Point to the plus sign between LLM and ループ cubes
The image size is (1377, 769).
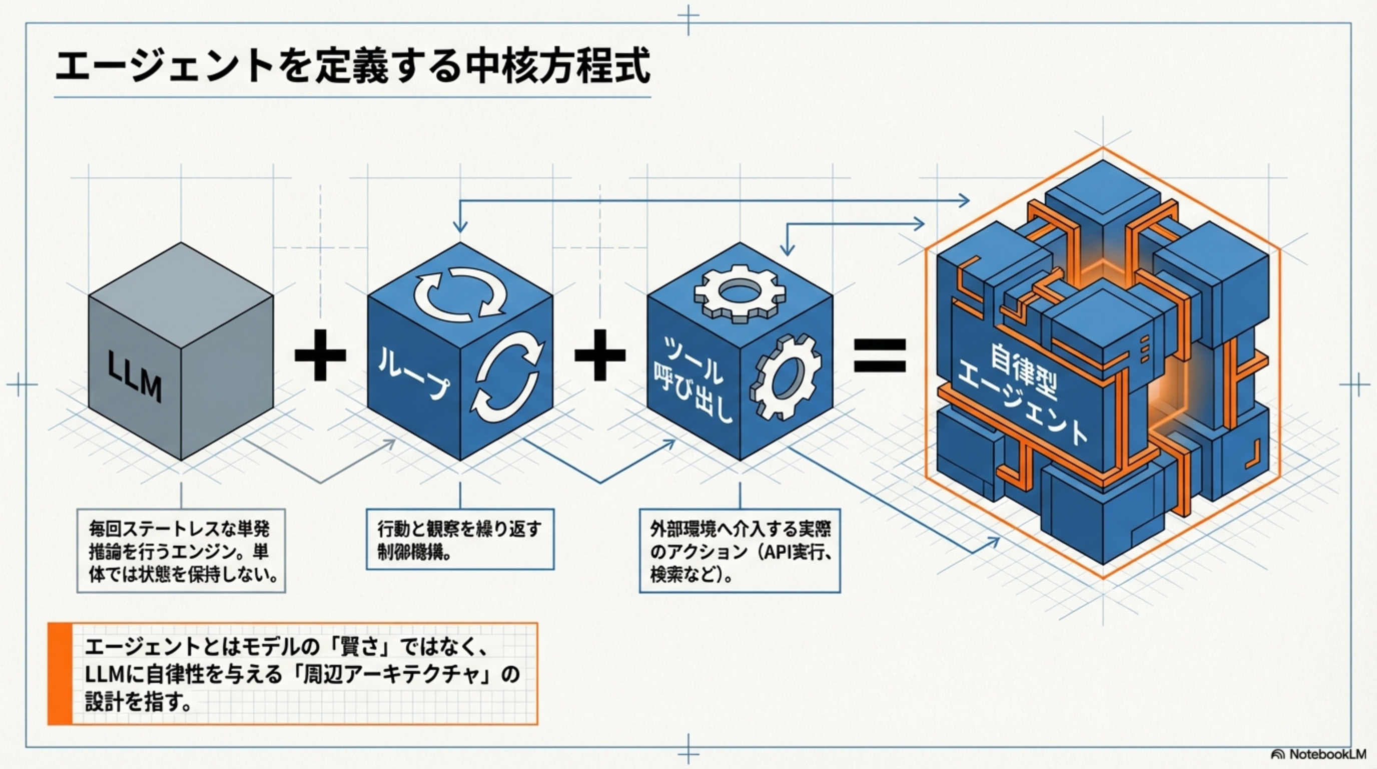(x=320, y=354)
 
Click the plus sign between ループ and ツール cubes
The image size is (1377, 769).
(x=600, y=354)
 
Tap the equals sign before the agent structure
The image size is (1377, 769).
(x=879, y=355)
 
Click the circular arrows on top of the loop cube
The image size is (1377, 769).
(x=460, y=293)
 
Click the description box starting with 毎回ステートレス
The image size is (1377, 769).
(x=181, y=551)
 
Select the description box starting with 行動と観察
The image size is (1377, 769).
(x=460, y=539)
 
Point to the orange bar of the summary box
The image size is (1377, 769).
(x=60, y=673)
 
